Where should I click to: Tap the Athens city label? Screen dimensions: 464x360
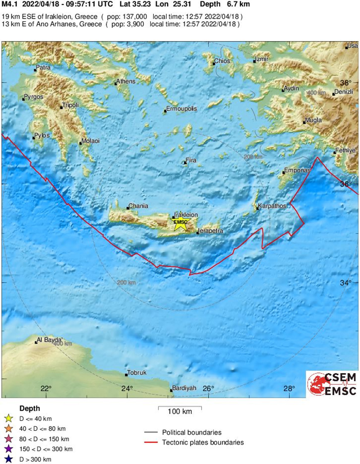tap(126, 81)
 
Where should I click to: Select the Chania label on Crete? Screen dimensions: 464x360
tap(139, 206)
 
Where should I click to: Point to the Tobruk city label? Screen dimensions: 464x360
tap(137, 373)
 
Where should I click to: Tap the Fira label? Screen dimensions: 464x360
tap(191, 160)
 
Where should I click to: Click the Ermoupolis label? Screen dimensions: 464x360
tap(181, 109)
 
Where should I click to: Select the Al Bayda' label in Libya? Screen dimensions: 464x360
tap(50, 340)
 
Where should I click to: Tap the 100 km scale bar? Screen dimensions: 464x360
tap(180, 408)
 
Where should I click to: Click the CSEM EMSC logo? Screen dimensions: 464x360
tap(332, 384)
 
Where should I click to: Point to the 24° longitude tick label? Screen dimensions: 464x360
tap(127, 388)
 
